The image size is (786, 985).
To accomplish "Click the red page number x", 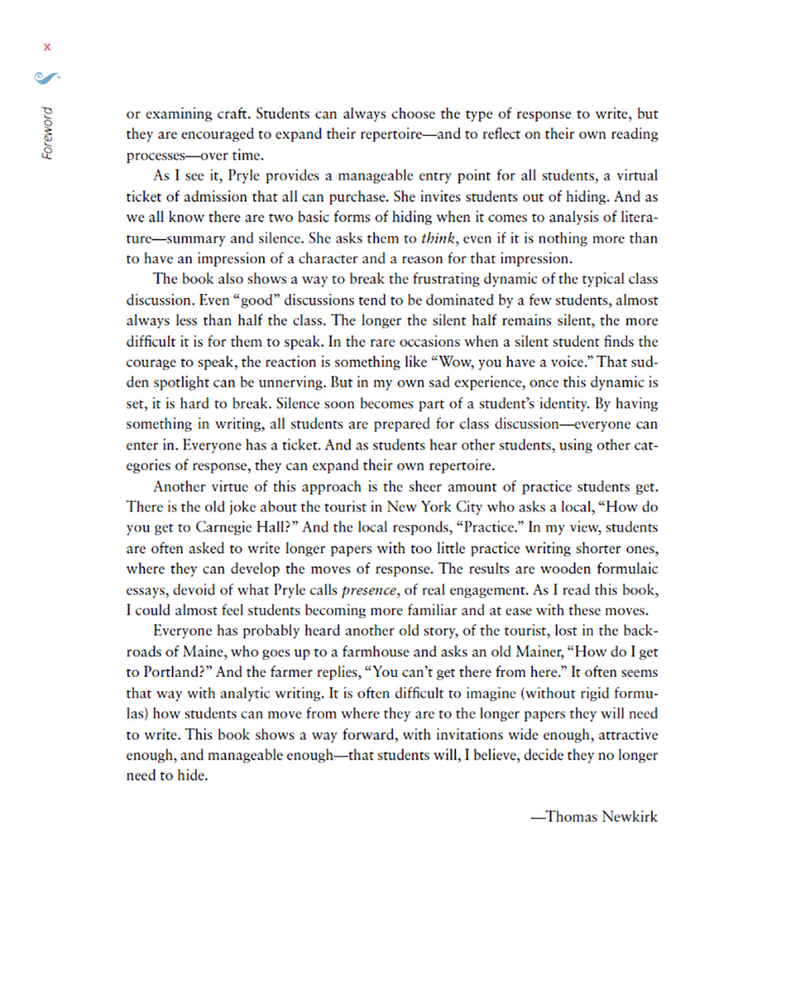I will point(47,47).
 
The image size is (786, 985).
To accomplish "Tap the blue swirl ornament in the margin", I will point(47,77).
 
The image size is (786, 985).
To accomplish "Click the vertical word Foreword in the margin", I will point(48,134).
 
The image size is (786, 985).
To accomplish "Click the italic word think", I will point(438,238).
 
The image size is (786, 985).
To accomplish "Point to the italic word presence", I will point(369,590).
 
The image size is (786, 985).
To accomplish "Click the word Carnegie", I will point(224,527).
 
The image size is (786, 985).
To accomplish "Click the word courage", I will point(151,362).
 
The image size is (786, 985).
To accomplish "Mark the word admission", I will point(217,197).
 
